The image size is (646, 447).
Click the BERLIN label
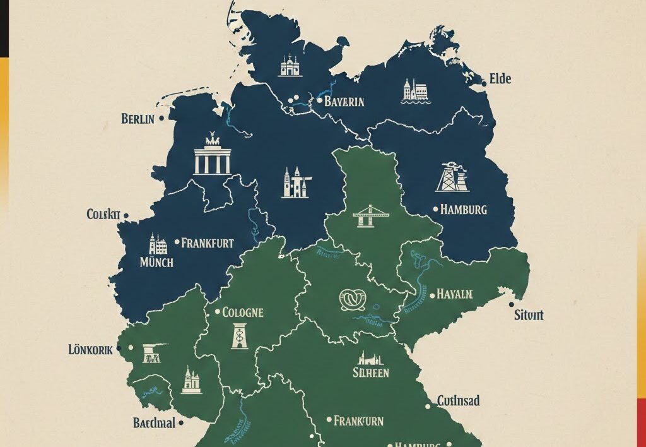coord(137,118)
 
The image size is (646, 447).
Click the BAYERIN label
coord(344,100)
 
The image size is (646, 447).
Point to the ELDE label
coord(501,79)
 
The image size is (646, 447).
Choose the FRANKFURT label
coord(208,242)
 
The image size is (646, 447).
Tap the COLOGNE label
coord(243,312)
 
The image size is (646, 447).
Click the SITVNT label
coord(529,315)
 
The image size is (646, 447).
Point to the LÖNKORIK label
coord(90,349)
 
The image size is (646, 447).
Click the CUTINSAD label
coord(458,401)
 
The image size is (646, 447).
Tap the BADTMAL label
coord(154,422)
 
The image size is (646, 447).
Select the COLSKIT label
coord(103,215)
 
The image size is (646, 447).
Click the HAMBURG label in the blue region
coord(464,209)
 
